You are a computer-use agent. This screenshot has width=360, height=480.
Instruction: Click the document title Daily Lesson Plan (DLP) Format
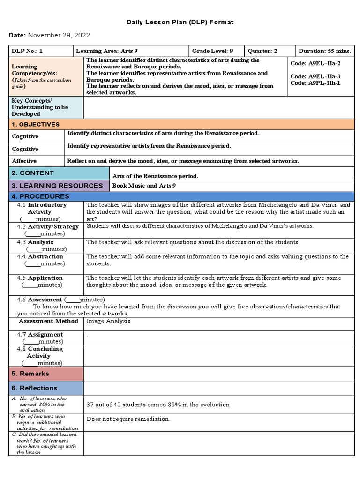click(x=180, y=22)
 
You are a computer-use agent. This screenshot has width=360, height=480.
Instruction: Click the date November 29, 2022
click(x=59, y=35)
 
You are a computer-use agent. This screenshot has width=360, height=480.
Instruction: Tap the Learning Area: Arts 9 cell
click(x=106, y=51)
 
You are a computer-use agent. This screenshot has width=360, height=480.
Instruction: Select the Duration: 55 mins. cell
click(x=325, y=51)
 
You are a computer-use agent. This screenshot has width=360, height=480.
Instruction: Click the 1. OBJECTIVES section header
click(x=36, y=124)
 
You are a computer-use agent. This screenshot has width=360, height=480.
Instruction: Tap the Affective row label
click(x=24, y=161)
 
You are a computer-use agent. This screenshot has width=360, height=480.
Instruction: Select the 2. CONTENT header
click(x=33, y=173)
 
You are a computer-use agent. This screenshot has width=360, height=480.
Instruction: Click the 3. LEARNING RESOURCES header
click(x=57, y=186)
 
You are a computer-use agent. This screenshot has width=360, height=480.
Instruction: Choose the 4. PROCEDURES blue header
click(x=40, y=196)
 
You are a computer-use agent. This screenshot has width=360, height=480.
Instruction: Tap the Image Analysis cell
click(x=109, y=321)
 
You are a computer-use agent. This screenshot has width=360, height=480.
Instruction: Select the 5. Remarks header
click(x=30, y=374)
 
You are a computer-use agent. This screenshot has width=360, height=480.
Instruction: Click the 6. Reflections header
click(x=34, y=388)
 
